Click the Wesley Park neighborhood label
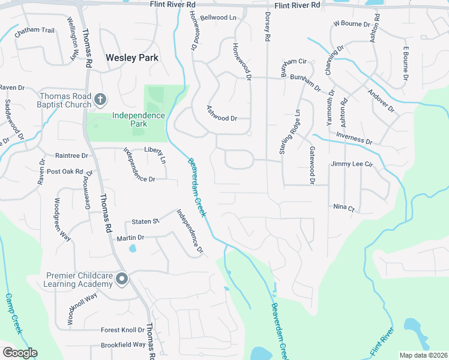pyautogui.click(x=132, y=58)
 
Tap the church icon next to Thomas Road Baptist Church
pyautogui.click(x=100, y=98)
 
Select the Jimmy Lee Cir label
pyautogui.click(x=352, y=163)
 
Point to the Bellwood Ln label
pyautogui.click(x=218, y=18)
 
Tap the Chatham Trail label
pyautogui.click(x=35, y=31)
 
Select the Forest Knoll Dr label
pyautogui.click(x=122, y=329)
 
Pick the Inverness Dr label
pyautogui.click(x=354, y=139)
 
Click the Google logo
pyautogui.click(x=20, y=353)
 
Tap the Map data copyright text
pyautogui.click(x=423, y=355)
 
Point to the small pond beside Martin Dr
pyautogui.click(x=132, y=247)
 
